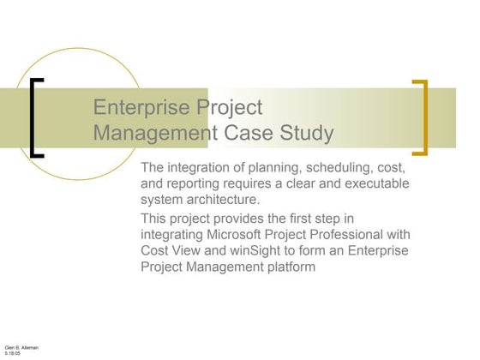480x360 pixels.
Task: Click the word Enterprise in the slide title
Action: (141, 108)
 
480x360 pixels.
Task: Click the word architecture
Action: (229, 200)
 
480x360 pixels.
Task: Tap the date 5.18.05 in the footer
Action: (13, 352)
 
